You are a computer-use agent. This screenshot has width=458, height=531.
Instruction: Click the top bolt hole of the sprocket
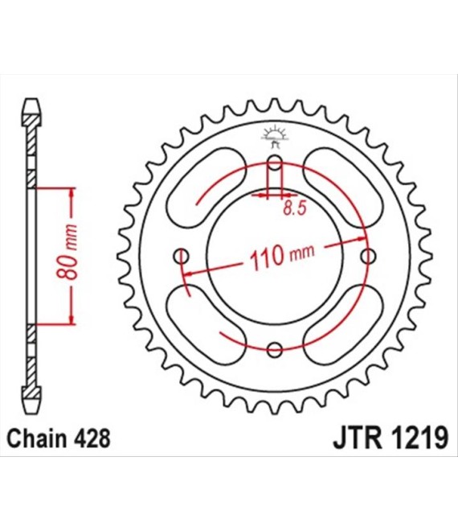[x=274, y=163]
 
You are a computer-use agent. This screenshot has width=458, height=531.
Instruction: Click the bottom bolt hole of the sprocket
[x=274, y=349]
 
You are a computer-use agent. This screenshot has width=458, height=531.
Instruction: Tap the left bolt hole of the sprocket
[x=181, y=257]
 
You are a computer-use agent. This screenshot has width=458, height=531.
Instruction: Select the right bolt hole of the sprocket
[x=368, y=257]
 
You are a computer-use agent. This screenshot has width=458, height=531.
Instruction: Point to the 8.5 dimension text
[x=294, y=208]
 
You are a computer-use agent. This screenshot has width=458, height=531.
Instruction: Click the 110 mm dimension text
[x=282, y=256]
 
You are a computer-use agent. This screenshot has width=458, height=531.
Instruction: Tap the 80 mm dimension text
[x=67, y=251]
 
